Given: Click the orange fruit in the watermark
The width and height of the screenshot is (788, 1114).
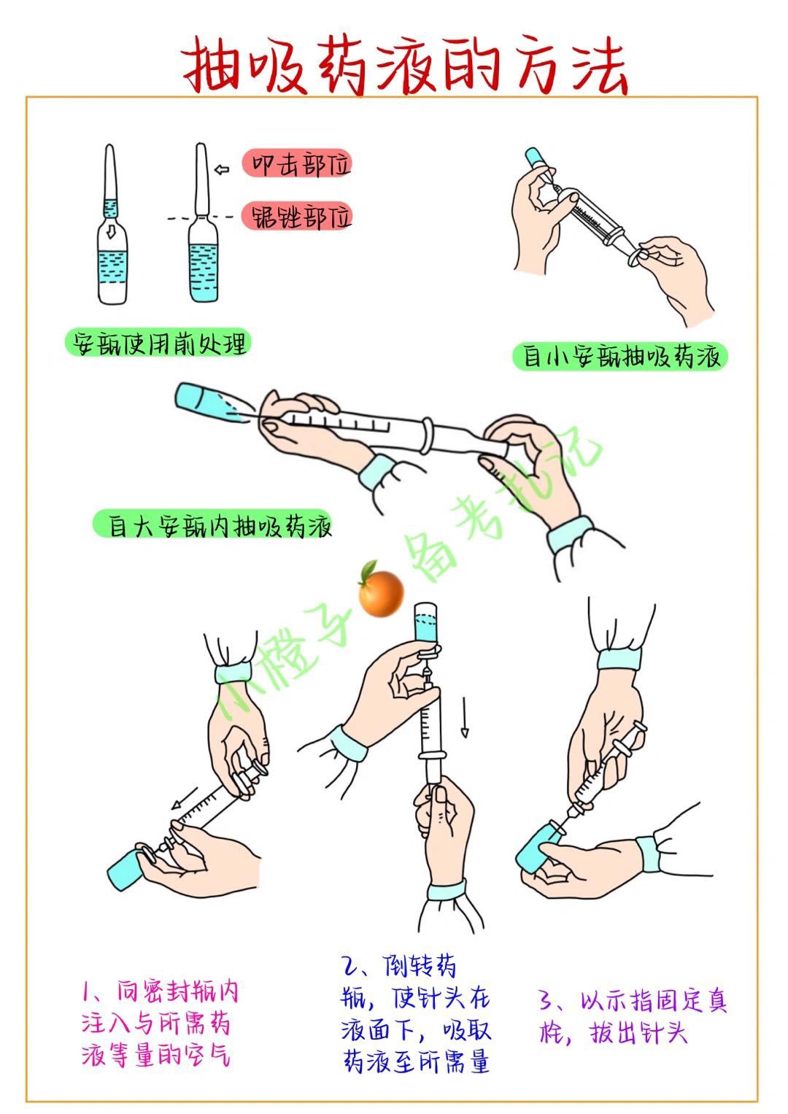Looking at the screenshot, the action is [x=381, y=592].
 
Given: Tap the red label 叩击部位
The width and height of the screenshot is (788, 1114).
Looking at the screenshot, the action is [x=297, y=163].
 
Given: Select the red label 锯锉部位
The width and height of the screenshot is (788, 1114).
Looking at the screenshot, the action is [x=297, y=217].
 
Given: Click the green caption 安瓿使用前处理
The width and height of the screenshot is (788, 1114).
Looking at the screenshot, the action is [x=158, y=343].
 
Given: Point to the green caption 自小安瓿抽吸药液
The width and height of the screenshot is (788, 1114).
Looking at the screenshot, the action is [x=620, y=356].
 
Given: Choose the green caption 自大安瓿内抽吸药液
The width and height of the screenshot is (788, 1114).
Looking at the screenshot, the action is [x=213, y=525].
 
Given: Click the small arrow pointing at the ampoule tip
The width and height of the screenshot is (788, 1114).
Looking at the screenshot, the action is [x=222, y=169].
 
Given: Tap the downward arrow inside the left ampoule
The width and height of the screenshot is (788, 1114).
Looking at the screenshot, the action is [x=112, y=231].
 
